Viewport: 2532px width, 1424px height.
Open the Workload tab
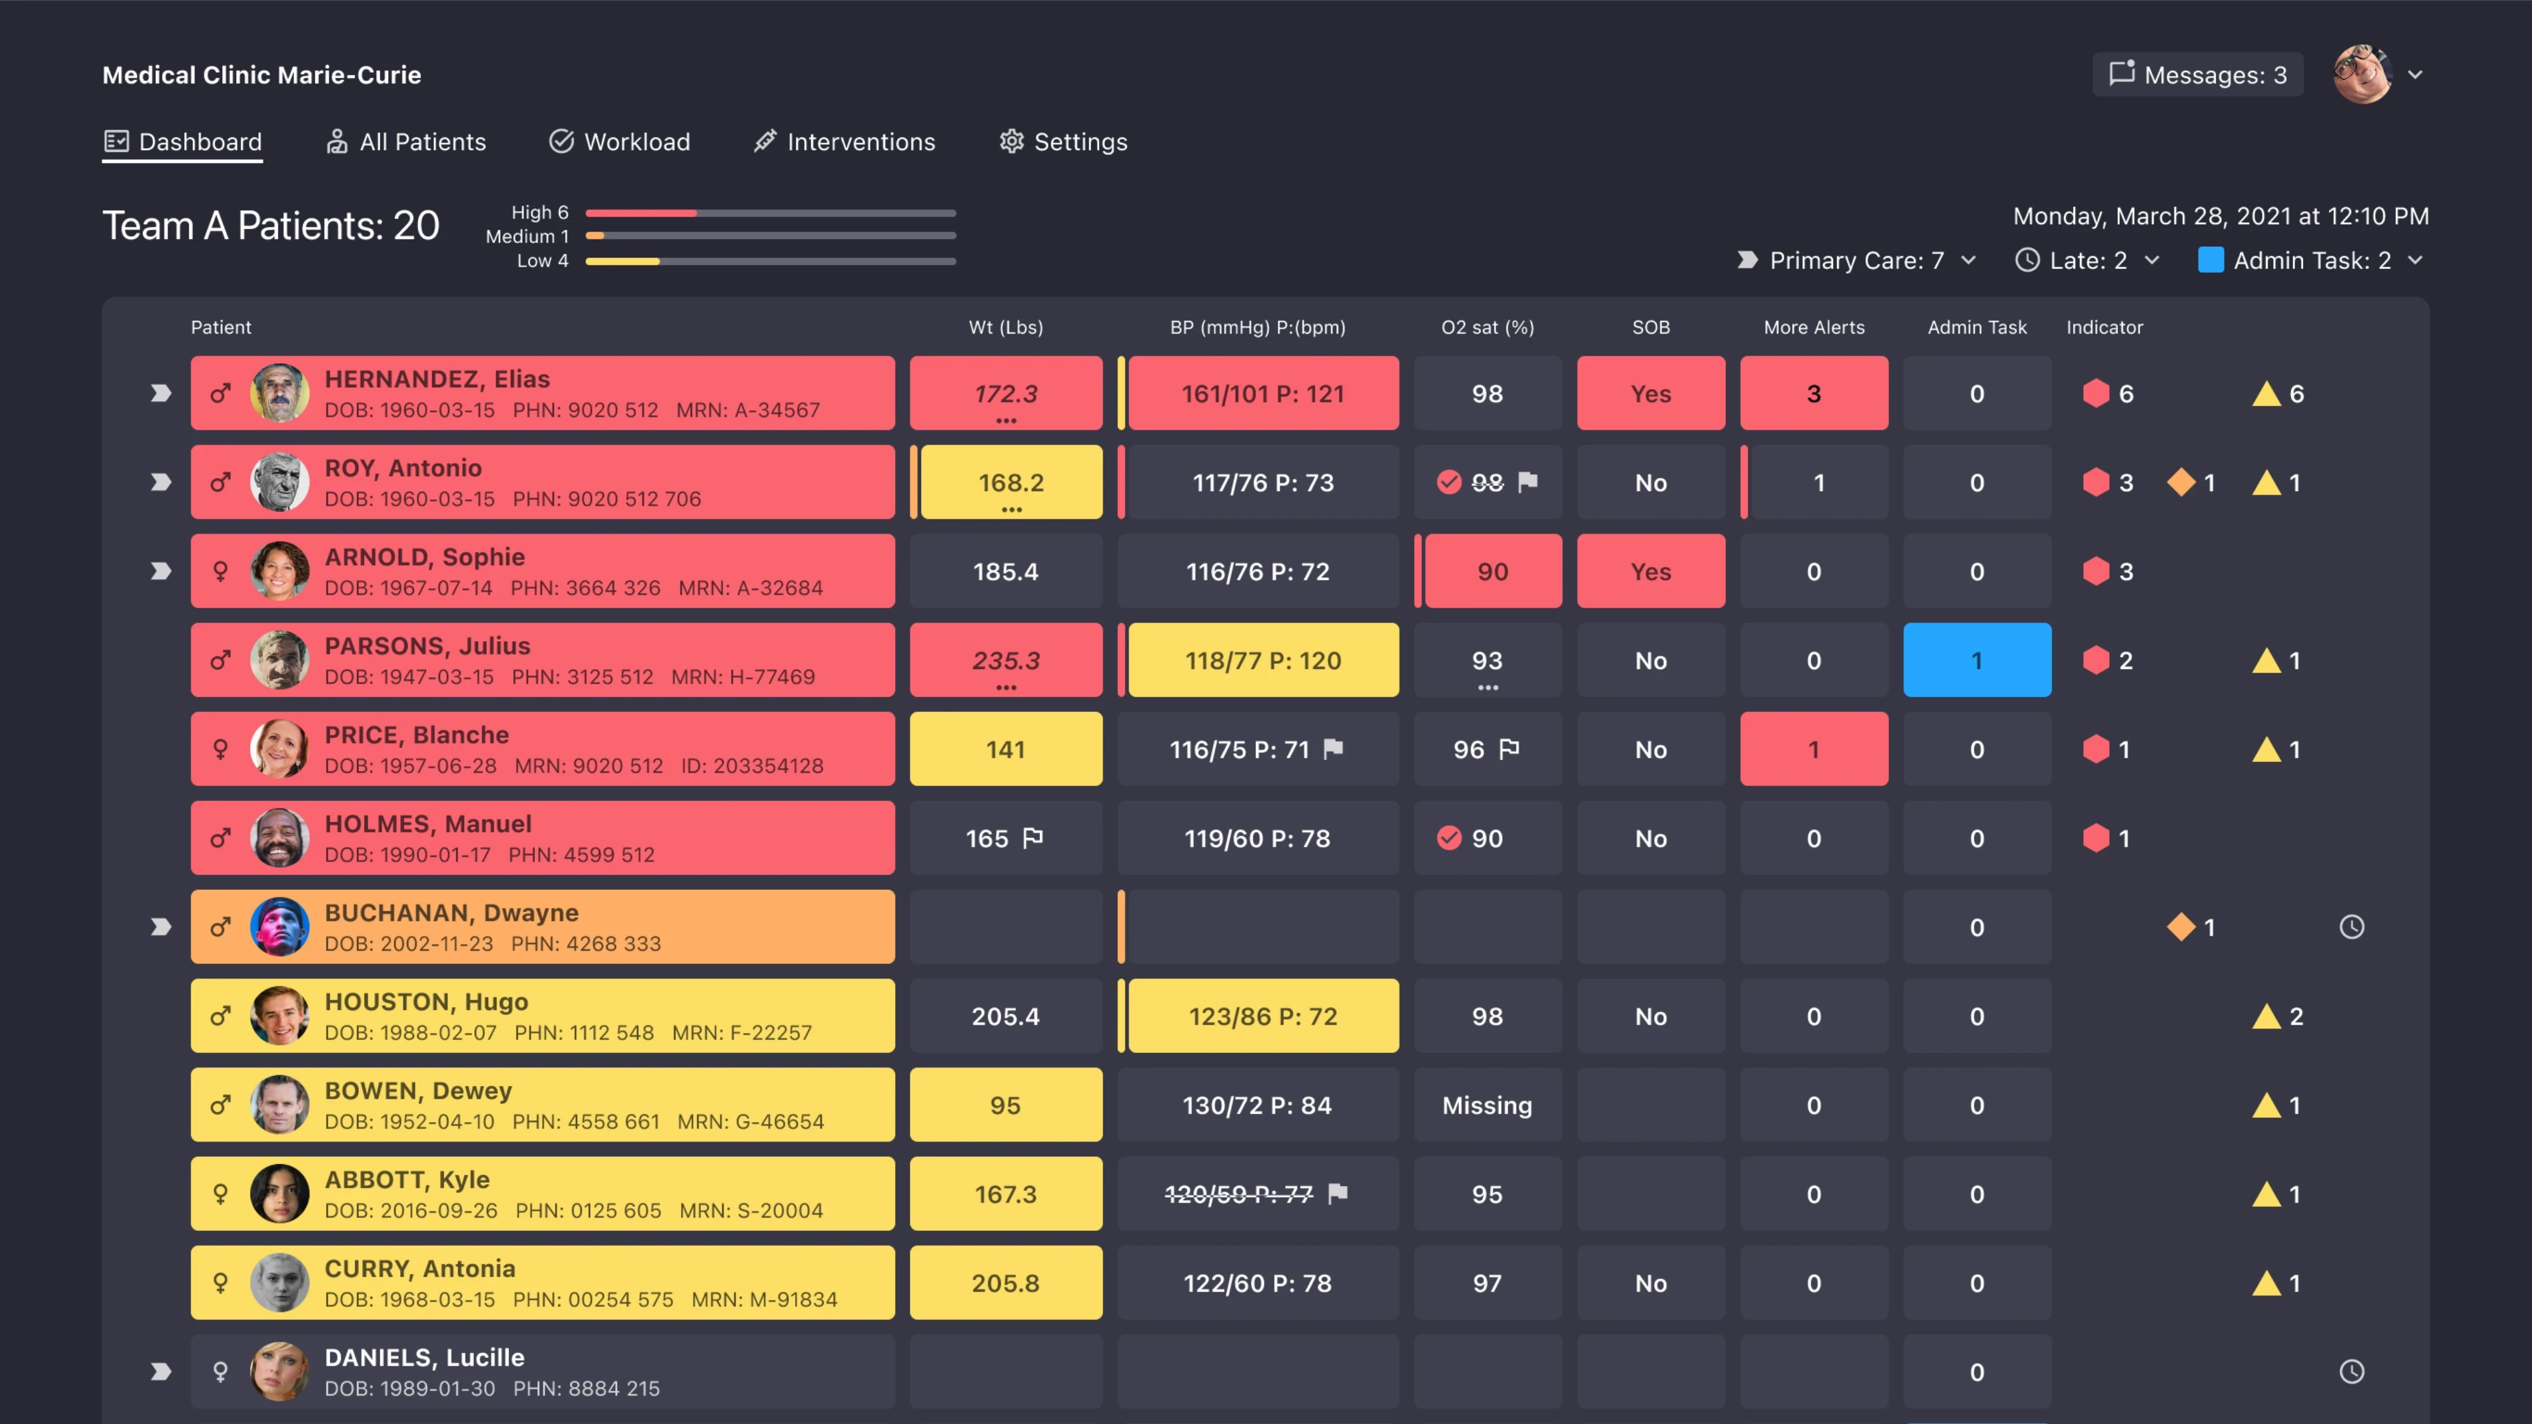coord(619,142)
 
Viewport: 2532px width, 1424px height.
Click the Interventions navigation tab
coord(844,142)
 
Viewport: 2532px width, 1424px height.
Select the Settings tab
coord(1063,142)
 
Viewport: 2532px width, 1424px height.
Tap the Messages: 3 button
coord(2198,75)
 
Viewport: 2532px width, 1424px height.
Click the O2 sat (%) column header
coord(1487,327)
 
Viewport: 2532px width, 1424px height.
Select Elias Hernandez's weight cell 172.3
coord(1006,393)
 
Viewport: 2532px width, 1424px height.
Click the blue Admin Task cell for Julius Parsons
coord(1977,660)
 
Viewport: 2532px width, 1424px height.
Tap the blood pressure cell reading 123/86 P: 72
coord(1263,1016)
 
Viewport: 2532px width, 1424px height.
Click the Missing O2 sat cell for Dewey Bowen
coord(1487,1106)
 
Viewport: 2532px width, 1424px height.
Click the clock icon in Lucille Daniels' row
coord(2351,1372)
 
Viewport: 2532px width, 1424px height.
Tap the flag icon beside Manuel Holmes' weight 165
coord(1032,839)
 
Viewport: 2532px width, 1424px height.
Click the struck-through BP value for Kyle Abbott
coord(1239,1194)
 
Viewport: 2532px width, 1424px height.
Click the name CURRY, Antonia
coord(420,1269)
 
